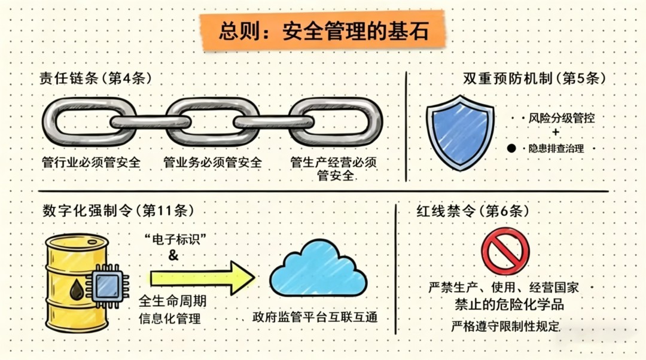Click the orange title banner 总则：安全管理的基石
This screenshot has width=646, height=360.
click(322, 31)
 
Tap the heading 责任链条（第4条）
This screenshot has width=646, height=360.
click(96, 78)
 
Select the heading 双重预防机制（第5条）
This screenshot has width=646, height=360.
click(534, 78)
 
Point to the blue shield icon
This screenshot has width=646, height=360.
click(460, 133)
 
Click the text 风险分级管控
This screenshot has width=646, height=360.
click(562, 118)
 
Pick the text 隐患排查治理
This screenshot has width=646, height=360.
click(556, 148)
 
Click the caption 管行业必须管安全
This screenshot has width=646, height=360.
click(91, 162)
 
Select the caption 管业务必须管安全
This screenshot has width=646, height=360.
click(212, 162)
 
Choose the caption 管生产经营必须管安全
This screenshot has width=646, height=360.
click(334, 169)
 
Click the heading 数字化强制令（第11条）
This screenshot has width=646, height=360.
click(118, 211)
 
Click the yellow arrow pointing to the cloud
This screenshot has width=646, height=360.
click(202, 278)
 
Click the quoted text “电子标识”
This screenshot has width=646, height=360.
click(175, 239)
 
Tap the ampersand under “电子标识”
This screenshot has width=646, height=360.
click(173, 255)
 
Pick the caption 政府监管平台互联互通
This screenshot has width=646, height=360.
click(315, 317)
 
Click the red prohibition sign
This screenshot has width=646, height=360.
click(505, 251)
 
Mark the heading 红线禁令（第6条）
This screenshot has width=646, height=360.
click(473, 211)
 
